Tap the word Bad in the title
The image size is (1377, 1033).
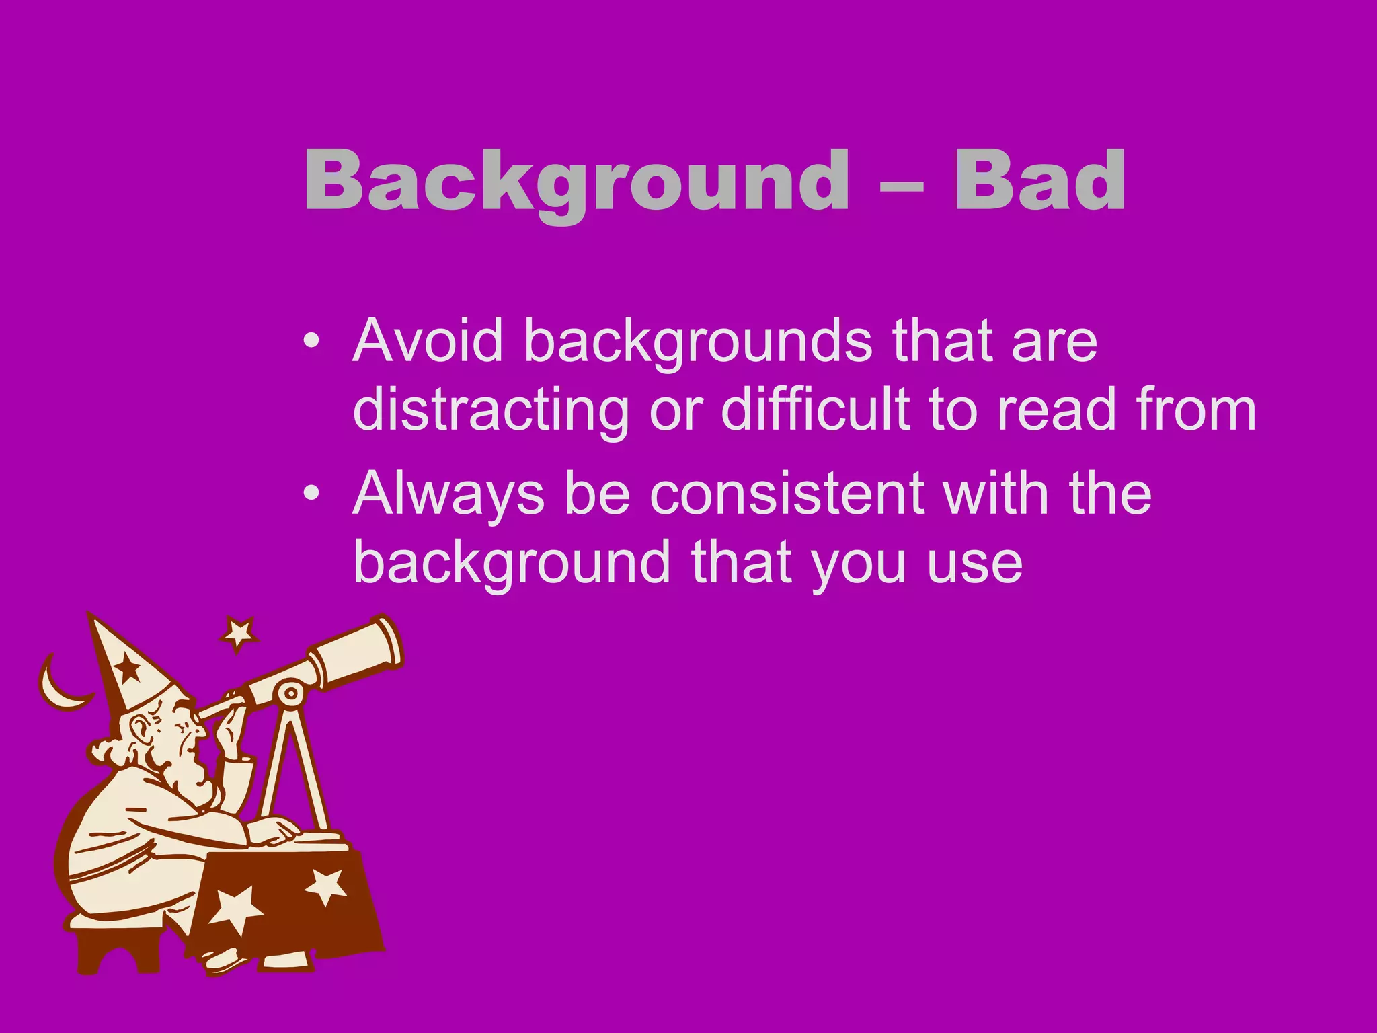(x=1039, y=180)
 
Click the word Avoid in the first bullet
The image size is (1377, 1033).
(x=428, y=341)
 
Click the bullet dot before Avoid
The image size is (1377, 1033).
(x=311, y=341)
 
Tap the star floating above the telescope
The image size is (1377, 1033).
(x=239, y=632)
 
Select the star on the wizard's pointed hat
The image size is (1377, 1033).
(x=128, y=668)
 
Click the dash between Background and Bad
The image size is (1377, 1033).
(x=901, y=184)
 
